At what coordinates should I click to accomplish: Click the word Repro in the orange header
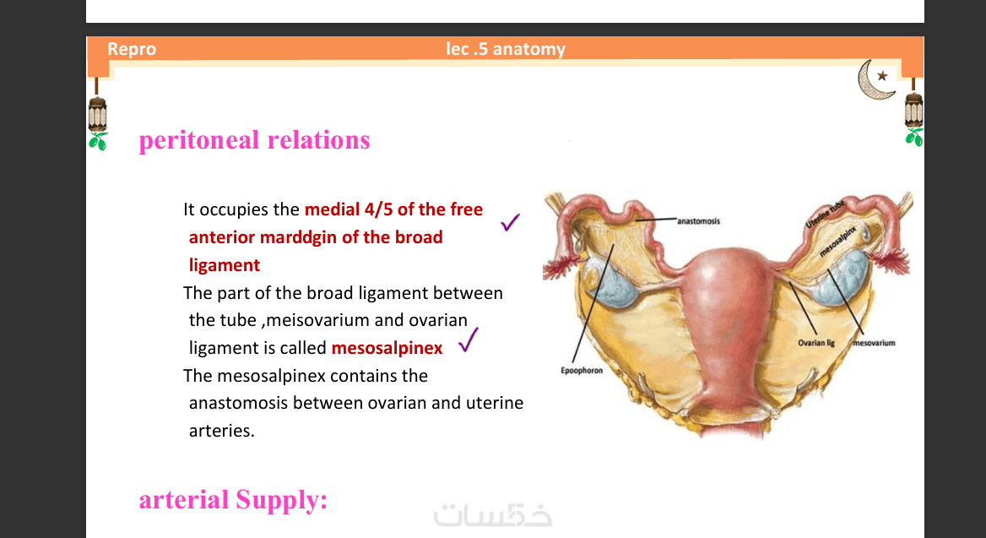(x=132, y=49)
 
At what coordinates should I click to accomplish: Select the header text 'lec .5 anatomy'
(x=506, y=49)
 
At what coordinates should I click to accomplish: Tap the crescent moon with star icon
(x=876, y=79)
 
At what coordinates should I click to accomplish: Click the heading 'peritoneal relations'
(x=254, y=139)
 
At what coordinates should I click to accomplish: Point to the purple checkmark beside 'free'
(x=510, y=222)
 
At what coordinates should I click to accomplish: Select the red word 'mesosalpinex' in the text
(x=387, y=348)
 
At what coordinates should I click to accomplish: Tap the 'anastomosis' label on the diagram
(x=698, y=221)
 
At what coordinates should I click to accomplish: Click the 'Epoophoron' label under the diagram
(x=582, y=371)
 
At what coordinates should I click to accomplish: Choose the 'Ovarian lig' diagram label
(x=816, y=343)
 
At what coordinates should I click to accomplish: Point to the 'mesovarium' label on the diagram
(x=874, y=343)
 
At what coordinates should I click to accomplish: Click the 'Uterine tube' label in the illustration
(x=825, y=215)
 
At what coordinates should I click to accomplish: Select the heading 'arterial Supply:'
(x=233, y=500)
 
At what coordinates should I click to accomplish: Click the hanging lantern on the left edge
(x=97, y=113)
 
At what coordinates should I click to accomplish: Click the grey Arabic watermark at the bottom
(x=492, y=514)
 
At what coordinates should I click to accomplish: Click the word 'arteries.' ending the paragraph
(x=221, y=431)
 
